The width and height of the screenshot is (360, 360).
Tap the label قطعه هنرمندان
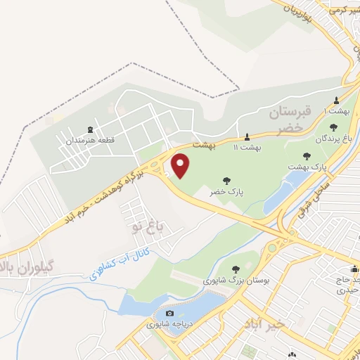coord(90,141)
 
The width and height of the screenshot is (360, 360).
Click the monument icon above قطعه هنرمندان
coord(90,129)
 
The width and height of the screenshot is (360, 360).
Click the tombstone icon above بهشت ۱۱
coord(247,136)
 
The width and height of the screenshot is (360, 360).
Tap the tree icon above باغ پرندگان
coord(332,127)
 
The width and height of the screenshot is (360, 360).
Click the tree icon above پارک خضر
coord(226,180)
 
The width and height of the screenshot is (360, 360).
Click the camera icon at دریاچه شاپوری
coord(169,314)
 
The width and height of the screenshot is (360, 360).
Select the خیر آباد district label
coord(263,324)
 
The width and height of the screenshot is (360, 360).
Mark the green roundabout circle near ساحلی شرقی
coord(272,248)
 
